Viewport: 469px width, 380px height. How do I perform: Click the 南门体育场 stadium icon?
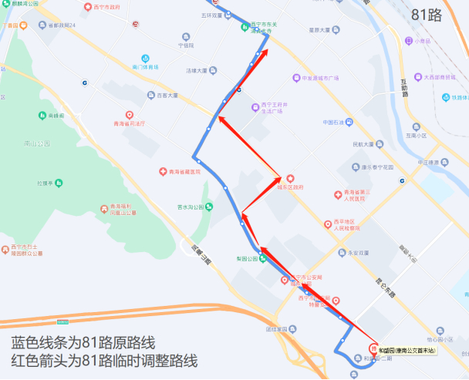tap(145, 59)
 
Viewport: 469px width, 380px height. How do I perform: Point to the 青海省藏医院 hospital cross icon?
tap(163, 171)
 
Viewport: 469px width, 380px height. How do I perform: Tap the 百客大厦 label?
tap(167, 96)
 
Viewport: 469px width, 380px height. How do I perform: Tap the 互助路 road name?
tap(404, 93)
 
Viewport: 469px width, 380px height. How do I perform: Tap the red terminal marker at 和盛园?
tap(374, 348)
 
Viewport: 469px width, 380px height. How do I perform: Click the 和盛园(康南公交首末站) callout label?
tap(407, 351)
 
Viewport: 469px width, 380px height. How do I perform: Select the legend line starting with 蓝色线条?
tap(83, 342)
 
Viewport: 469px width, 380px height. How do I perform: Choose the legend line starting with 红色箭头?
tap(104, 362)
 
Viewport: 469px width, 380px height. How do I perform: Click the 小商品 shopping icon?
tap(417, 41)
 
